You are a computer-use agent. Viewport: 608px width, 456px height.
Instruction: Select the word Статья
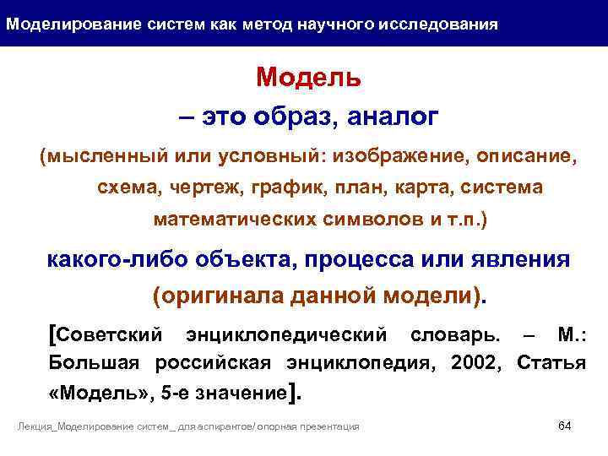[550, 364]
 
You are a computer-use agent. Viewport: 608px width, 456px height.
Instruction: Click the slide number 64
[565, 425]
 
